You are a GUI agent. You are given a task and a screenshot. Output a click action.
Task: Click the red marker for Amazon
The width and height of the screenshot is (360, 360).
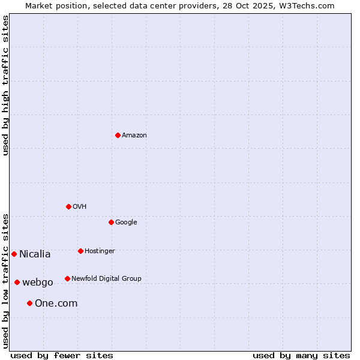(118, 135)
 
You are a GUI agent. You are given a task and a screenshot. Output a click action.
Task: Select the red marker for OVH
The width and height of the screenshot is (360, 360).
(68, 206)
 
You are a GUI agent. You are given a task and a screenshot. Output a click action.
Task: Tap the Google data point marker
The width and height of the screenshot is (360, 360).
(111, 222)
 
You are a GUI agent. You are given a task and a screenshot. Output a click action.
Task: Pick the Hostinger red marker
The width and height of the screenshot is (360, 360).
(80, 251)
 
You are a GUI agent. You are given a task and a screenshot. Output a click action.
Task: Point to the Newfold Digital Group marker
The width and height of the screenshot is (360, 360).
(67, 278)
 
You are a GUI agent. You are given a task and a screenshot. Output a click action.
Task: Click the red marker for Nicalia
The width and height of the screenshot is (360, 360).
(14, 254)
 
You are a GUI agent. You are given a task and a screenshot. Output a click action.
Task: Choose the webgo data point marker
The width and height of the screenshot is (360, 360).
(17, 282)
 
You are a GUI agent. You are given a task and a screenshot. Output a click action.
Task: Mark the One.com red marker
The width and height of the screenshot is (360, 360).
(29, 303)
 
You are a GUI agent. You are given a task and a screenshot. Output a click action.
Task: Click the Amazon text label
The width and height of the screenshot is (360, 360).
(134, 136)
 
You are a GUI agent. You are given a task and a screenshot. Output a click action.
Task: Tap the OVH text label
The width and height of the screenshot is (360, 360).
(80, 207)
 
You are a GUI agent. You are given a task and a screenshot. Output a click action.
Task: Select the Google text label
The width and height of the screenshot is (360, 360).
(126, 223)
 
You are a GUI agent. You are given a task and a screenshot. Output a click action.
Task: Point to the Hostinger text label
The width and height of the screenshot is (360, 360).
(100, 251)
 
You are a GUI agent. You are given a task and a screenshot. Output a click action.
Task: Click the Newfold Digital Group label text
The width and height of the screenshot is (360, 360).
(106, 279)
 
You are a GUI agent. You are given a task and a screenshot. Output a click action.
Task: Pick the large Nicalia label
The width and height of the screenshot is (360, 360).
(35, 254)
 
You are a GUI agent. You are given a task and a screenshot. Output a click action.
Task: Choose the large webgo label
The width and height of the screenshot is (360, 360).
(38, 283)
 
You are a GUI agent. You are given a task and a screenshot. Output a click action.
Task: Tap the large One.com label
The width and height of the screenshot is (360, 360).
(56, 304)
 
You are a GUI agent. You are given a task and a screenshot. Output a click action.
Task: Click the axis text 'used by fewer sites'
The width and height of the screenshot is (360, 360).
(62, 355)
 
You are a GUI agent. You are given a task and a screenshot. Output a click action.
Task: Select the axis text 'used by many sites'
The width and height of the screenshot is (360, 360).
(301, 355)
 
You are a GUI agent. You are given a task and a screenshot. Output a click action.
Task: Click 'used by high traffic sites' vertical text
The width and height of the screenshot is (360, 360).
(5, 85)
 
